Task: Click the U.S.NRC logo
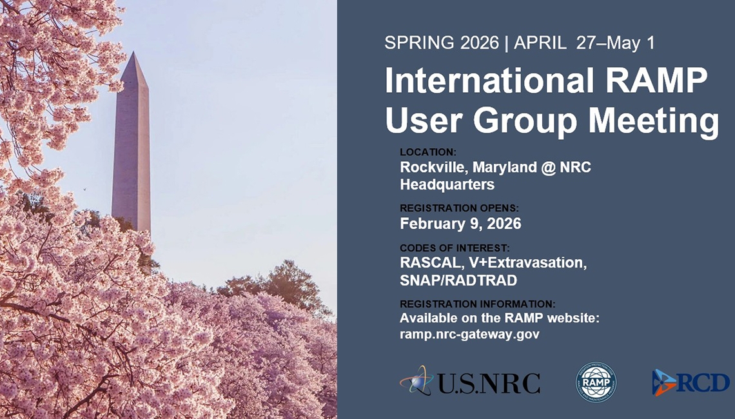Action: tap(470, 382)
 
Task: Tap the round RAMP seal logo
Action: tap(596, 382)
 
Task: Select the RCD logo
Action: tap(691, 382)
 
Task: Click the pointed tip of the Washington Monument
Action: tap(133, 54)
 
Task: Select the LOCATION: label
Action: tap(427, 152)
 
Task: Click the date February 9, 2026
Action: tap(460, 224)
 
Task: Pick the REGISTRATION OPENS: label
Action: tap(459, 208)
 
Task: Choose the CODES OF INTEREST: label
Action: tap(455, 248)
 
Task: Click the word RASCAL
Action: tap(427, 263)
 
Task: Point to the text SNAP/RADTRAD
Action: tap(458, 280)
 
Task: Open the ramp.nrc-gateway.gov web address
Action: tap(469, 334)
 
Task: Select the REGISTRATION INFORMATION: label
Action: tap(477, 304)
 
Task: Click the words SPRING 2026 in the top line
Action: tap(442, 43)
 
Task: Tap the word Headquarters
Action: tap(447, 184)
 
